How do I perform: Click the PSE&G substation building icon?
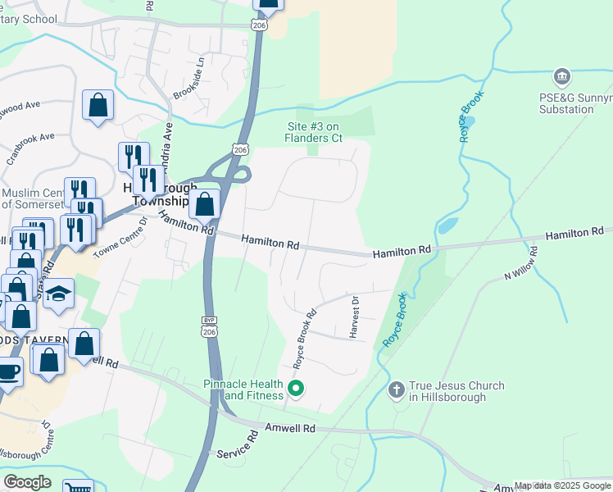tap(562, 78)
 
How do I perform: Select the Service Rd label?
tap(238, 453)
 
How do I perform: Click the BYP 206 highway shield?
tap(209, 325)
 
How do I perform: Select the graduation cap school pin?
tap(59, 294)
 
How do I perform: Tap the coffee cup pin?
tap(8, 371)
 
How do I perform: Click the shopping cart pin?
tap(78, 487)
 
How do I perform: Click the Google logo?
tap(27, 481)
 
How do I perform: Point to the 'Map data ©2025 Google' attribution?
tap(562, 485)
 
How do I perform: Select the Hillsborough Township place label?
tap(156, 194)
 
